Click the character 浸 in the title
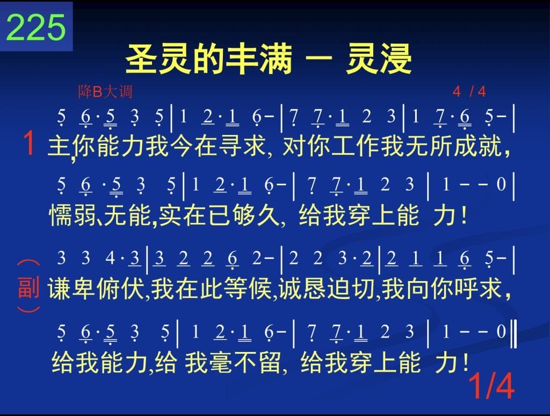point(396,59)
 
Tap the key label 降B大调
point(105,92)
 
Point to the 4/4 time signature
point(469,92)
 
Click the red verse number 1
point(29,143)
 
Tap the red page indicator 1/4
point(491,385)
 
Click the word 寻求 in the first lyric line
point(242,146)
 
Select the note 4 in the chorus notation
point(110,258)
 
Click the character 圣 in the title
point(142,59)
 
